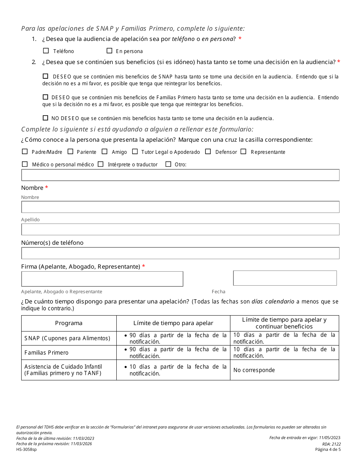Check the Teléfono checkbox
46,50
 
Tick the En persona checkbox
110,50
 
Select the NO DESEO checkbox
46,118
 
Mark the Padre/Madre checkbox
25,152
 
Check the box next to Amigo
105,152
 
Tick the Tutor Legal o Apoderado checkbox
135,152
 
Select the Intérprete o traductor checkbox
101,164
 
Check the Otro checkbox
168,164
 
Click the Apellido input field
180,229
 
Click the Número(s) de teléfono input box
180,253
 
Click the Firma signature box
102,279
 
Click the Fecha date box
285,278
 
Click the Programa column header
69,323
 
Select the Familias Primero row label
47,353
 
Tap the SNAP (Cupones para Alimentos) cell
67,338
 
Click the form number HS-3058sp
27,450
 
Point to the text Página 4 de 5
328,450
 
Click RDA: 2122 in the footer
331,444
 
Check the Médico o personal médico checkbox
25,164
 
